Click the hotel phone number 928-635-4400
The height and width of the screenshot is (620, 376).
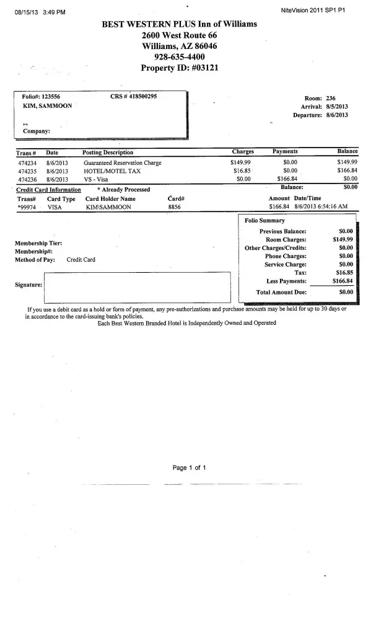pyautogui.click(x=180, y=56)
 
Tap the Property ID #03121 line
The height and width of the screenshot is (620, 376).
pyautogui.click(x=180, y=68)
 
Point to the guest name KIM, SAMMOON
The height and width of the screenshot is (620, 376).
pyautogui.click(x=47, y=106)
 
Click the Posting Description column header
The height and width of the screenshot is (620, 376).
pyautogui.click(x=108, y=153)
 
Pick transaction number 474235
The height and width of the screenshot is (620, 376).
pyautogui.click(x=28, y=170)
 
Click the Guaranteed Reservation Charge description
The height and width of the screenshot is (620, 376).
pyautogui.click(x=122, y=162)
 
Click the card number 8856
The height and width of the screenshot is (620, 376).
pyautogui.click(x=174, y=207)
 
